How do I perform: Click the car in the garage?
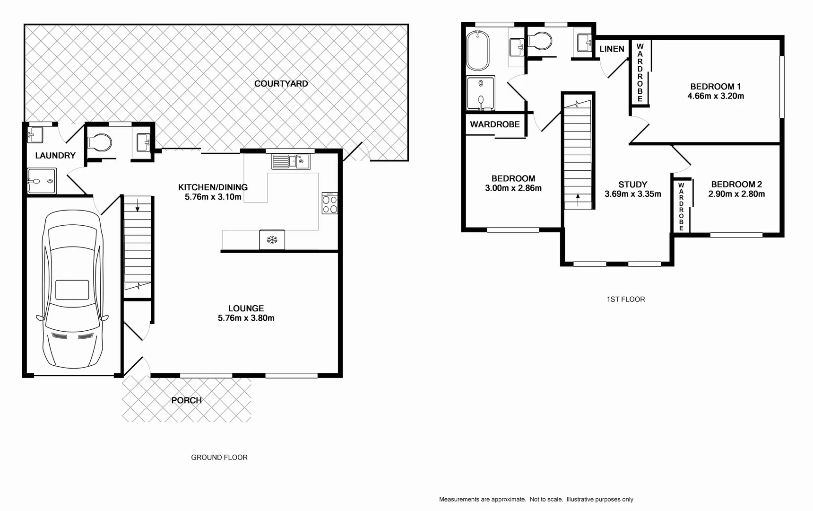point(72,290)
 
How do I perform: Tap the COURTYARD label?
point(281,84)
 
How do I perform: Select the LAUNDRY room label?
point(55,155)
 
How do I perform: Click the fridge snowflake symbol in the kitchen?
point(272,240)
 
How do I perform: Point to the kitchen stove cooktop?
point(329,203)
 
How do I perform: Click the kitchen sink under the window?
point(291,162)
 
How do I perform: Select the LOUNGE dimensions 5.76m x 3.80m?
point(246,318)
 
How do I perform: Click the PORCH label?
point(186,400)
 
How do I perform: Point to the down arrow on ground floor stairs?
point(138,205)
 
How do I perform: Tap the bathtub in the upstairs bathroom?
point(477,50)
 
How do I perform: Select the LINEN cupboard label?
point(612,49)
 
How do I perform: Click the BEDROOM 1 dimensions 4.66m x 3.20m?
point(715,96)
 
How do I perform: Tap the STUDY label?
point(632,185)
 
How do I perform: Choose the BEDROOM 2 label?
point(736,185)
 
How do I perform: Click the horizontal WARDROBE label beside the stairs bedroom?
point(494,124)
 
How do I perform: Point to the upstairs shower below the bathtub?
point(480,94)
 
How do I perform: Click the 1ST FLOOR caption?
point(625,299)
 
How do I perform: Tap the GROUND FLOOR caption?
point(219,457)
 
